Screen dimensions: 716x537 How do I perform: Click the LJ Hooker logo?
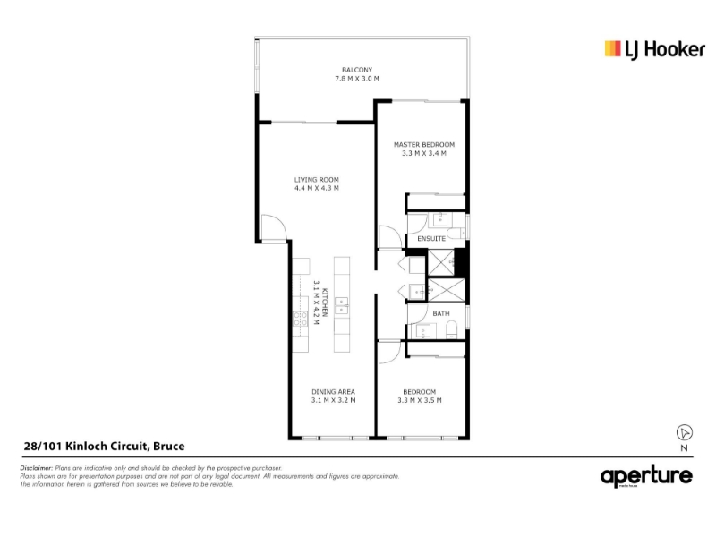[x=655, y=50]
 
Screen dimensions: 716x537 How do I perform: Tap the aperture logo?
[x=646, y=477]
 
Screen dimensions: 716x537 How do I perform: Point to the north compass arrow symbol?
[x=684, y=432]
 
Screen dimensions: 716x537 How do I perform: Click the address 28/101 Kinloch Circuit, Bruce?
[x=104, y=446]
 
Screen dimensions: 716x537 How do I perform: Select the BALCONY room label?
[x=357, y=70]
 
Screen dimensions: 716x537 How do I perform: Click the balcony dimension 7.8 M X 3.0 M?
[x=357, y=79]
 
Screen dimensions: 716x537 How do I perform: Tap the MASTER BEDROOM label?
[x=424, y=145]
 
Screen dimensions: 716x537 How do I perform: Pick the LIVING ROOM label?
[x=317, y=180]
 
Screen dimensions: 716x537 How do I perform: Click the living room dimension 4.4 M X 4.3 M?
[x=317, y=188]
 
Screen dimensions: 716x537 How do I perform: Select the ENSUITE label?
[x=431, y=239]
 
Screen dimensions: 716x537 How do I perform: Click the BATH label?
[x=441, y=314]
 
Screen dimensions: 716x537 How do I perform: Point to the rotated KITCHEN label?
[x=325, y=303]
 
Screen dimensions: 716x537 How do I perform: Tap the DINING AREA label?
[x=333, y=392]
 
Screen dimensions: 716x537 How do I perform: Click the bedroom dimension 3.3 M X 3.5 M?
[x=420, y=400]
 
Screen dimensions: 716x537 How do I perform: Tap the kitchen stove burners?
[x=300, y=319]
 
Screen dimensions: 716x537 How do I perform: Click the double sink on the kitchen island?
[x=342, y=306]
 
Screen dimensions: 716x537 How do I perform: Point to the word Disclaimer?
[x=37, y=468]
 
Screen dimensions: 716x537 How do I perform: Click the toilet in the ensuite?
[x=456, y=234]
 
